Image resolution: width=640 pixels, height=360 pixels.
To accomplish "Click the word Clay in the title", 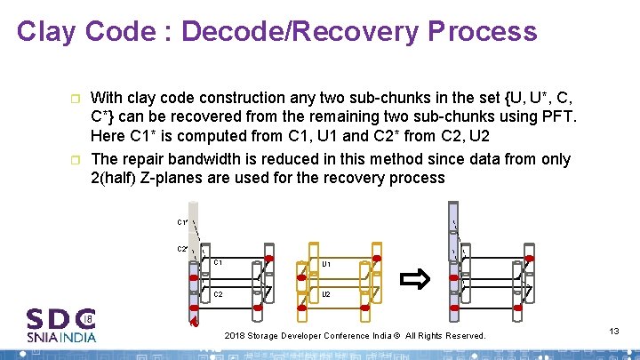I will tap(50, 32).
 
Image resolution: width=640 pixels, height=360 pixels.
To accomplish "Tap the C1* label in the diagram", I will tap(182, 223).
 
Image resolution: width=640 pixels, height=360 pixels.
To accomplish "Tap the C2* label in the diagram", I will tap(182, 249).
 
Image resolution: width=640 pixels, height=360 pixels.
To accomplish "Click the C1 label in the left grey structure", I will tap(218, 263).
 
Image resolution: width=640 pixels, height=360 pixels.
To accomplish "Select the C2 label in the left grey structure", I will tap(218, 293).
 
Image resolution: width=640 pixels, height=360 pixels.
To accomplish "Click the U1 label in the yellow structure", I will tap(326, 264).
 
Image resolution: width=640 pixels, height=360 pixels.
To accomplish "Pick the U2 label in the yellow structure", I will tap(326, 293).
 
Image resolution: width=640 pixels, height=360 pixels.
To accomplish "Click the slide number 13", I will tap(614, 331).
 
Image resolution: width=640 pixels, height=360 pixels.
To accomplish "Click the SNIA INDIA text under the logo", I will tap(61, 337).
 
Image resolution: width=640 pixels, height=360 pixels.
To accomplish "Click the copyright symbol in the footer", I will tap(398, 336).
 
